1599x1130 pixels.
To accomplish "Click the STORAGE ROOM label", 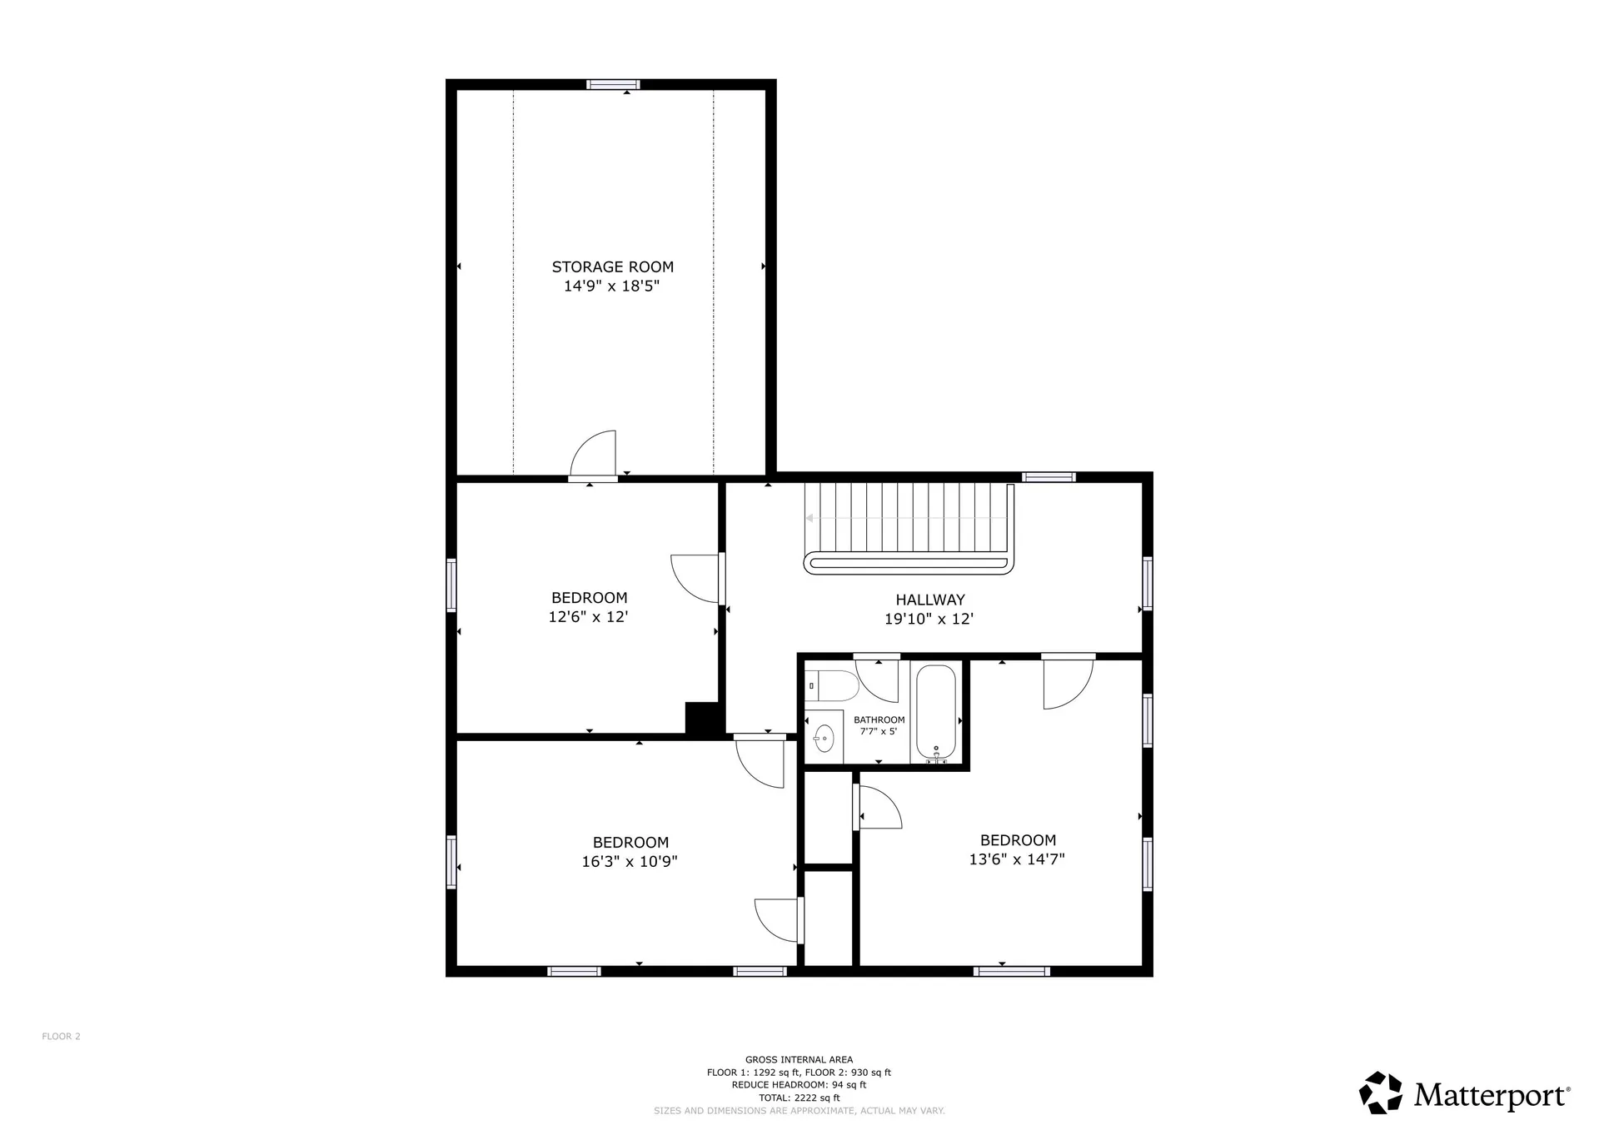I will [x=612, y=266].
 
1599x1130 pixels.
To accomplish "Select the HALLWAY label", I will [x=929, y=600].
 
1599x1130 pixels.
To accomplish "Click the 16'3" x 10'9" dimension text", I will [x=629, y=862].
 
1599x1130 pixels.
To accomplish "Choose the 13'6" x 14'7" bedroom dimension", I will [x=1016, y=859].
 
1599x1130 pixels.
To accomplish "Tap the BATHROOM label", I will [x=879, y=719].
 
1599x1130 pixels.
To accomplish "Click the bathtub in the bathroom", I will [x=937, y=712].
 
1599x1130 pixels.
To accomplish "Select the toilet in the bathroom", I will [x=833, y=686].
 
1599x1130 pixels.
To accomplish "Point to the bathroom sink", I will [x=824, y=738].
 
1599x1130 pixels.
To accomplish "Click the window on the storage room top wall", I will [x=613, y=84].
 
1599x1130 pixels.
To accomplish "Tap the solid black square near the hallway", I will [x=703, y=718].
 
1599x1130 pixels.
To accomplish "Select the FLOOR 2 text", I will [x=61, y=1036].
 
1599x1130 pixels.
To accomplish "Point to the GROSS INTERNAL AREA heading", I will [x=799, y=1060].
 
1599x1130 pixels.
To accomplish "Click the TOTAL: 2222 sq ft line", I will [x=799, y=1098].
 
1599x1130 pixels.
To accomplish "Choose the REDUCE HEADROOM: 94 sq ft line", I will [x=799, y=1085].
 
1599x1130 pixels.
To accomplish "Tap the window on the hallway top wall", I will [x=1049, y=477].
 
